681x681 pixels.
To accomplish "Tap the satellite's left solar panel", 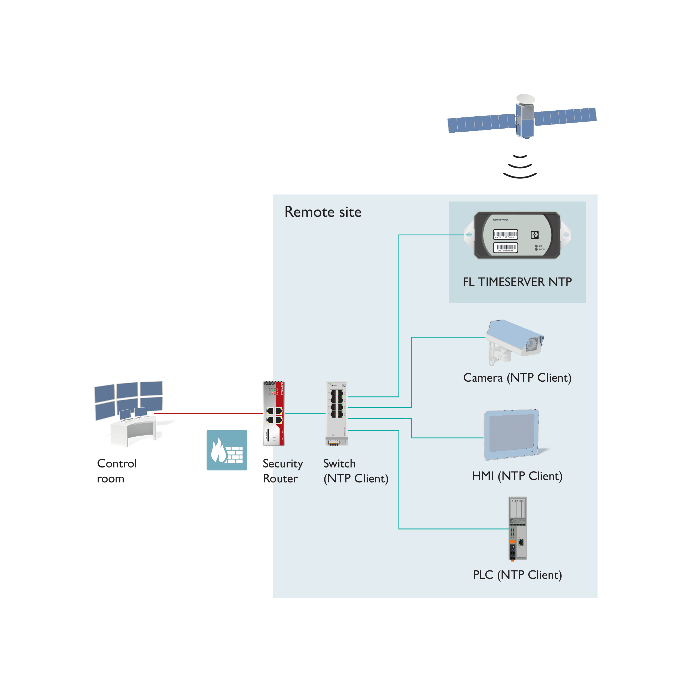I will (x=481, y=123).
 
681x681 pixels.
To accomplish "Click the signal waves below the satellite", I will (x=520, y=166).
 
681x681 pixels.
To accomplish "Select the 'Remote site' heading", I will (x=323, y=212).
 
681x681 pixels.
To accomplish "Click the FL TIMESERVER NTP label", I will (x=517, y=282).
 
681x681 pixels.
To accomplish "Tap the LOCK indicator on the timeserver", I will (x=536, y=250).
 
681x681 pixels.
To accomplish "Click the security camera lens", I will (x=530, y=344).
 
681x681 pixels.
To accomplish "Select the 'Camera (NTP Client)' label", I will (x=517, y=378).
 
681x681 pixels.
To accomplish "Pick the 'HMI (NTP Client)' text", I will (x=517, y=476).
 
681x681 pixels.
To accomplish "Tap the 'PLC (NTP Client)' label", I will (x=517, y=575).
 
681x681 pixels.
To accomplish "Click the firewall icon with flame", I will (x=227, y=450).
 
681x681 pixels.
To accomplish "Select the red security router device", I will (x=273, y=414).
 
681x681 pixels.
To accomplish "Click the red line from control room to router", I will (x=211, y=413).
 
